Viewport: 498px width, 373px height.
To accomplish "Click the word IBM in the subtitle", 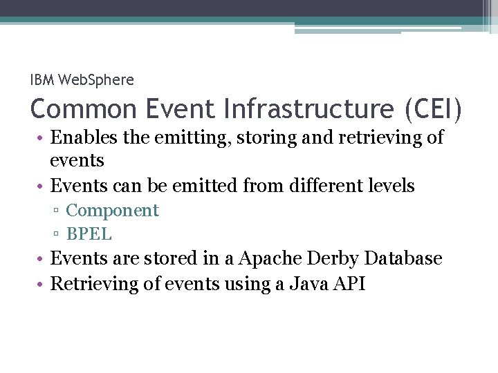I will click(x=42, y=80).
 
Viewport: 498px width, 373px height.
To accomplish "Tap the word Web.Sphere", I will click(x=96, y=80).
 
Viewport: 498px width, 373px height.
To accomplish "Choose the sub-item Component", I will click(x=112, y=211).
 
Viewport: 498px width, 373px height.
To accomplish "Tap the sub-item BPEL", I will click(x=89, y=234).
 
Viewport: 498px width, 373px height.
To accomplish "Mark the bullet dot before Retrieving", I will click(x=43, y=284).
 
